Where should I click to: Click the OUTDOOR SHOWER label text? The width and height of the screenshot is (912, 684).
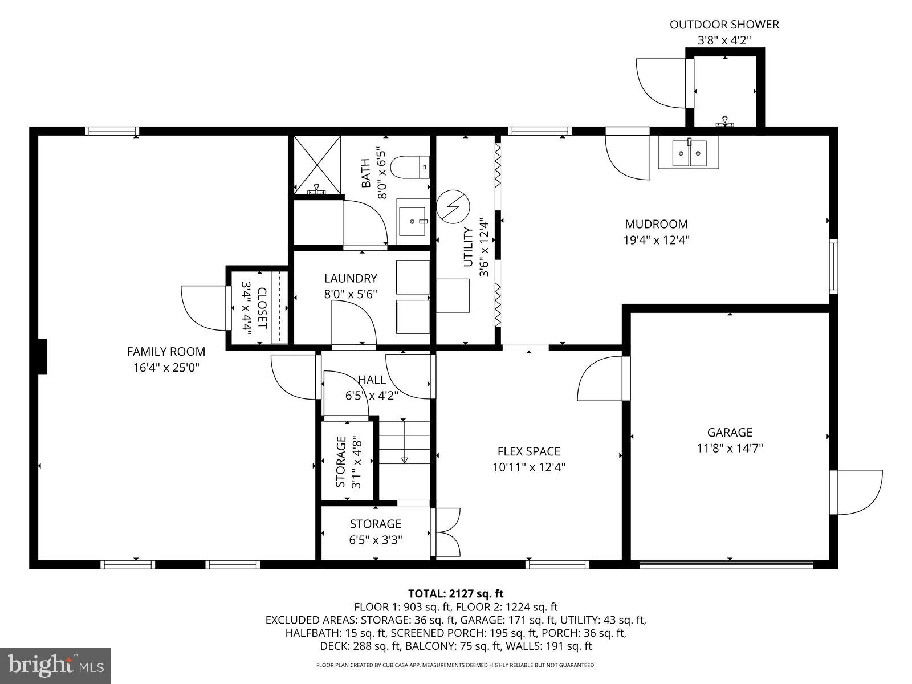(x=724, y=25)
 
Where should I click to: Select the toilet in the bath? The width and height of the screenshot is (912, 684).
(x=414, y=166)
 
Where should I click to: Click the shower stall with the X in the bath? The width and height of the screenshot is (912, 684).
(x=316, y=164)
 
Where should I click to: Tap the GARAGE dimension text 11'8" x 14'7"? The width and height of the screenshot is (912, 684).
(x=730, y=448)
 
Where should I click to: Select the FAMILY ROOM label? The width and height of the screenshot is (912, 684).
(x=166, y=352)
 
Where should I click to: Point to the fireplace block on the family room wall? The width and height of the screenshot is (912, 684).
(x=42, y=357)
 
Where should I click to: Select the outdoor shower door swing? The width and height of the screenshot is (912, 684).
(x=661, y=83)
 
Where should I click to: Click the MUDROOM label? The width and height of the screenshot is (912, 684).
(x=656, y=224)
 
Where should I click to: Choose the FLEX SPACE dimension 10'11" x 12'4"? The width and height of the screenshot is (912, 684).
(x=529, y=467)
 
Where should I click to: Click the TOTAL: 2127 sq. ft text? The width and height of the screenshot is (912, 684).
(x=455, y=593)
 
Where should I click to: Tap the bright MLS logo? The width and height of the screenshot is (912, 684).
(x=56, y=664)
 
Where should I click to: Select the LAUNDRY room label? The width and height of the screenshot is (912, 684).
(x=351, y=278)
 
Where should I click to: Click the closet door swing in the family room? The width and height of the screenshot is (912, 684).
(x=202, y=307)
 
